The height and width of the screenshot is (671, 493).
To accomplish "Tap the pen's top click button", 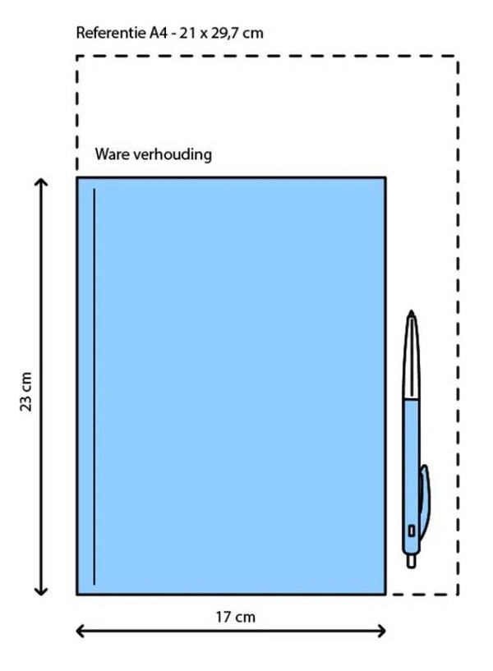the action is pyautogui.click(x=412, y=315).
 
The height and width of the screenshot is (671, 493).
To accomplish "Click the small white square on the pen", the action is pyautogui.click(x=411, y=531).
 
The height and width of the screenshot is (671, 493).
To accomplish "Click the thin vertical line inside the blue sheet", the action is pyautogui.click(x=94, y=386).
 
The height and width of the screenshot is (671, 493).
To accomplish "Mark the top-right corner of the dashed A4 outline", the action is pyautogui.click(x=457, y=57).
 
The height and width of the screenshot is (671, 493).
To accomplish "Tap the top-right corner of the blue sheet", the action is pyautogui.click(x=385, y=177).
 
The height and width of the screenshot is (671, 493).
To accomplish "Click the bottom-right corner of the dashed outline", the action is pyautogui.click(x=457, y=594).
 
